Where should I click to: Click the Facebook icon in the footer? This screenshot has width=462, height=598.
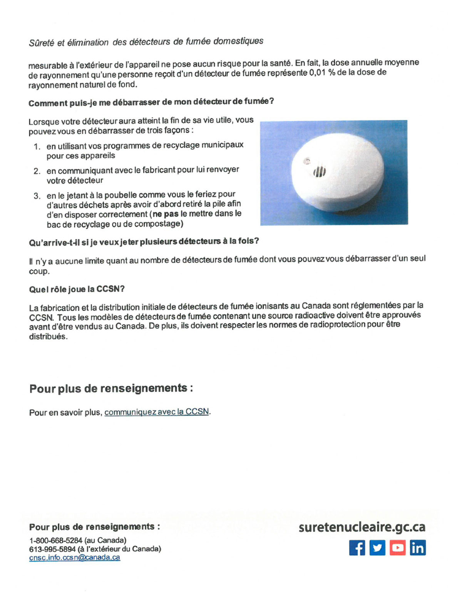pyautogui.click(x=357, y=548)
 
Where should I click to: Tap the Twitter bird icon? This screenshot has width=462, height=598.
pyautogui.click(x=377, y=548)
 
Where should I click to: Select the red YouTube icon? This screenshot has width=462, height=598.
pyautogui.click(x=397, y=548)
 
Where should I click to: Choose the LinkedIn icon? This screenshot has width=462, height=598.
pyautogui.click(x=418, y=548)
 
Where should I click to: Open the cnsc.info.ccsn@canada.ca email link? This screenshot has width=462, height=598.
pyautogui.click(x=75, y=558)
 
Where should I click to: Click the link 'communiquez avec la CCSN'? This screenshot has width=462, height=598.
pyautogui.click(x=157, y=412)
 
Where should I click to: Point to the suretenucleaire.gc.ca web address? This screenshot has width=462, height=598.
pyautogui.click(x=362, y=527)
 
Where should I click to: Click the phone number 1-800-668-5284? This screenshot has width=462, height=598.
pyautogui.click(x=56, y=540)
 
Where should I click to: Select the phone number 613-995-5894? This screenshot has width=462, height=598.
pyautogui.click(x=52, y=549)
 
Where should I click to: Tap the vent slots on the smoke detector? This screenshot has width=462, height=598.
pyautogui.click(x=320, y=172)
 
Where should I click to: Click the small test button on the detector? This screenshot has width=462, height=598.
pyautogui.click(x=307, y=161)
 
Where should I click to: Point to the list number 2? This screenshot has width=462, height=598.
pyautogui.click(x=37, y=171)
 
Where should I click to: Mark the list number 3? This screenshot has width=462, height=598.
pyautogui.click(x=37, y=196)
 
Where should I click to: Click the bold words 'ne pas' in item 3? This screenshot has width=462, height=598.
pyautogui.click(x=166, y=214)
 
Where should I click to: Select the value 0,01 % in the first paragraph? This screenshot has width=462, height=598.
pyautogui.click(x=322, y=73)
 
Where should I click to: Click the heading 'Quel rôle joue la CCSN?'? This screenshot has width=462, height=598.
pyautogui.click(x=77, y=289)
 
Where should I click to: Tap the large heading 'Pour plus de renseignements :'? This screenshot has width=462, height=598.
pyautogui.click(x=111, y=388)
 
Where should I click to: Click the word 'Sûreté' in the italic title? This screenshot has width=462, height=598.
pyautogui.click(x=42, y=43)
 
